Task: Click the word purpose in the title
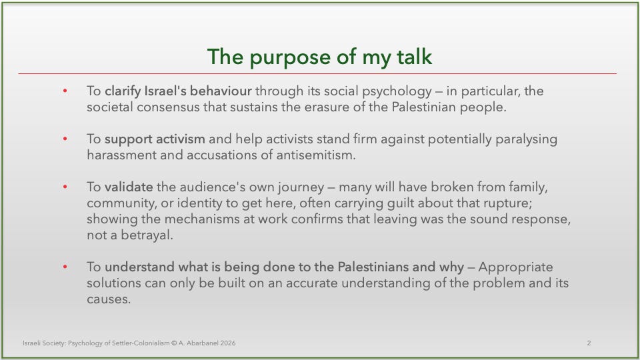click(290, 57)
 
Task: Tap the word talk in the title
click(414, 56)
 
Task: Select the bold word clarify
click(123, 91)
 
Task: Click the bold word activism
click(181, 139)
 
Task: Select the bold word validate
click(129, 187)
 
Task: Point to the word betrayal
click(147, 235)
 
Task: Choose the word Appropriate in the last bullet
click(515, 267)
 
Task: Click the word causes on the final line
click(109, 299)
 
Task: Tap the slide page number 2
click(589, 343)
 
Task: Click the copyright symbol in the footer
click(174, 343)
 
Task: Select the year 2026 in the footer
click(228, 343)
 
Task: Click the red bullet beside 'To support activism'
click(65, 139)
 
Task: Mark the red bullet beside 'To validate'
click(65, 187)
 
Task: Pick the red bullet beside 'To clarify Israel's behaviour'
click(65, 91)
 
